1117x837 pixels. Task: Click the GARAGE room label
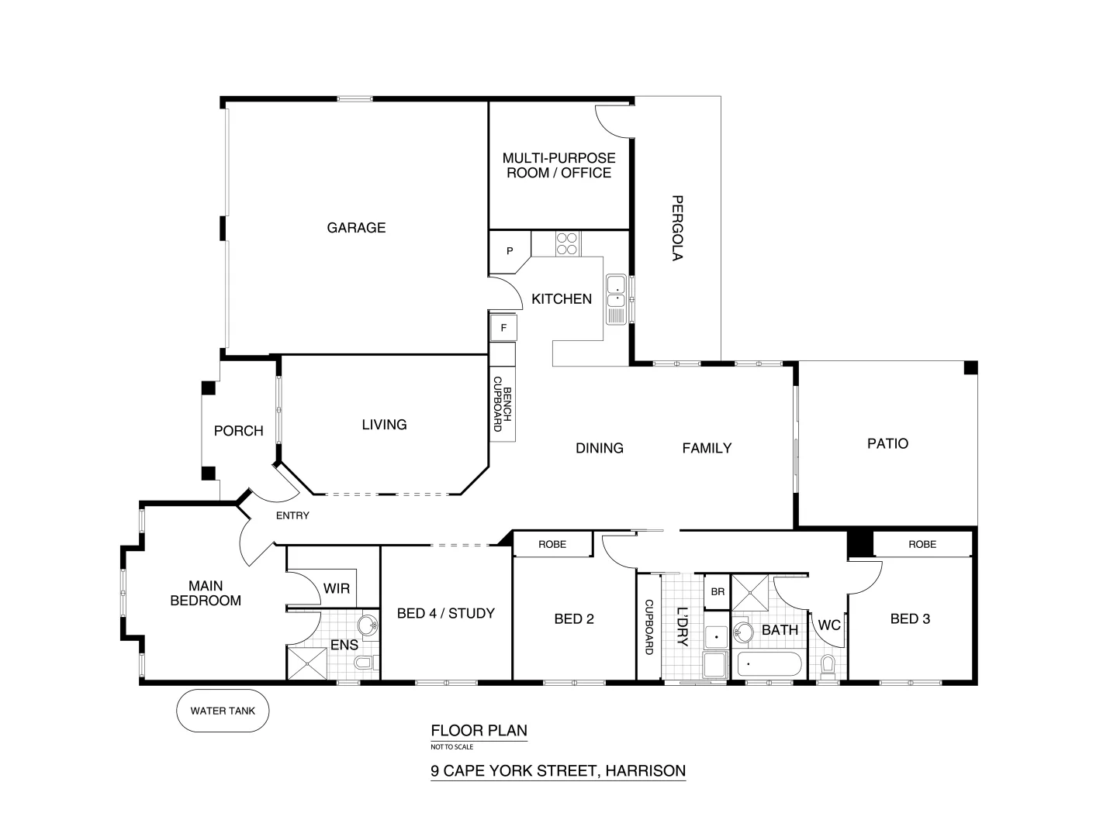356,228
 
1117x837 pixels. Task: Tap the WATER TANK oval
223,710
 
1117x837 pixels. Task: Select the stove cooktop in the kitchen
567,243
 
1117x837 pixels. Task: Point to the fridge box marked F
503,328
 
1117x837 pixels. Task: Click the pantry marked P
509,251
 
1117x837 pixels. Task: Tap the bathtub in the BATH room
769,665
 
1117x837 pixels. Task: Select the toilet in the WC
828,665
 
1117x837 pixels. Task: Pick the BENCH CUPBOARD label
503,408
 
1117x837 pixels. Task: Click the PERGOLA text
676,228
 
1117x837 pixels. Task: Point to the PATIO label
887,444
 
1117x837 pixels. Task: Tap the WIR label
337,589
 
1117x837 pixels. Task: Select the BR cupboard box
718,591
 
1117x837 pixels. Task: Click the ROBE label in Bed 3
922,544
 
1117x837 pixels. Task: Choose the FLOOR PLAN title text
479,730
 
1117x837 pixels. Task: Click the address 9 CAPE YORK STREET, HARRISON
558,771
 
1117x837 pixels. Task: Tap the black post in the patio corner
970,368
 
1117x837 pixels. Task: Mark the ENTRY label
292,515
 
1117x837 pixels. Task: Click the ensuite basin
367,625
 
